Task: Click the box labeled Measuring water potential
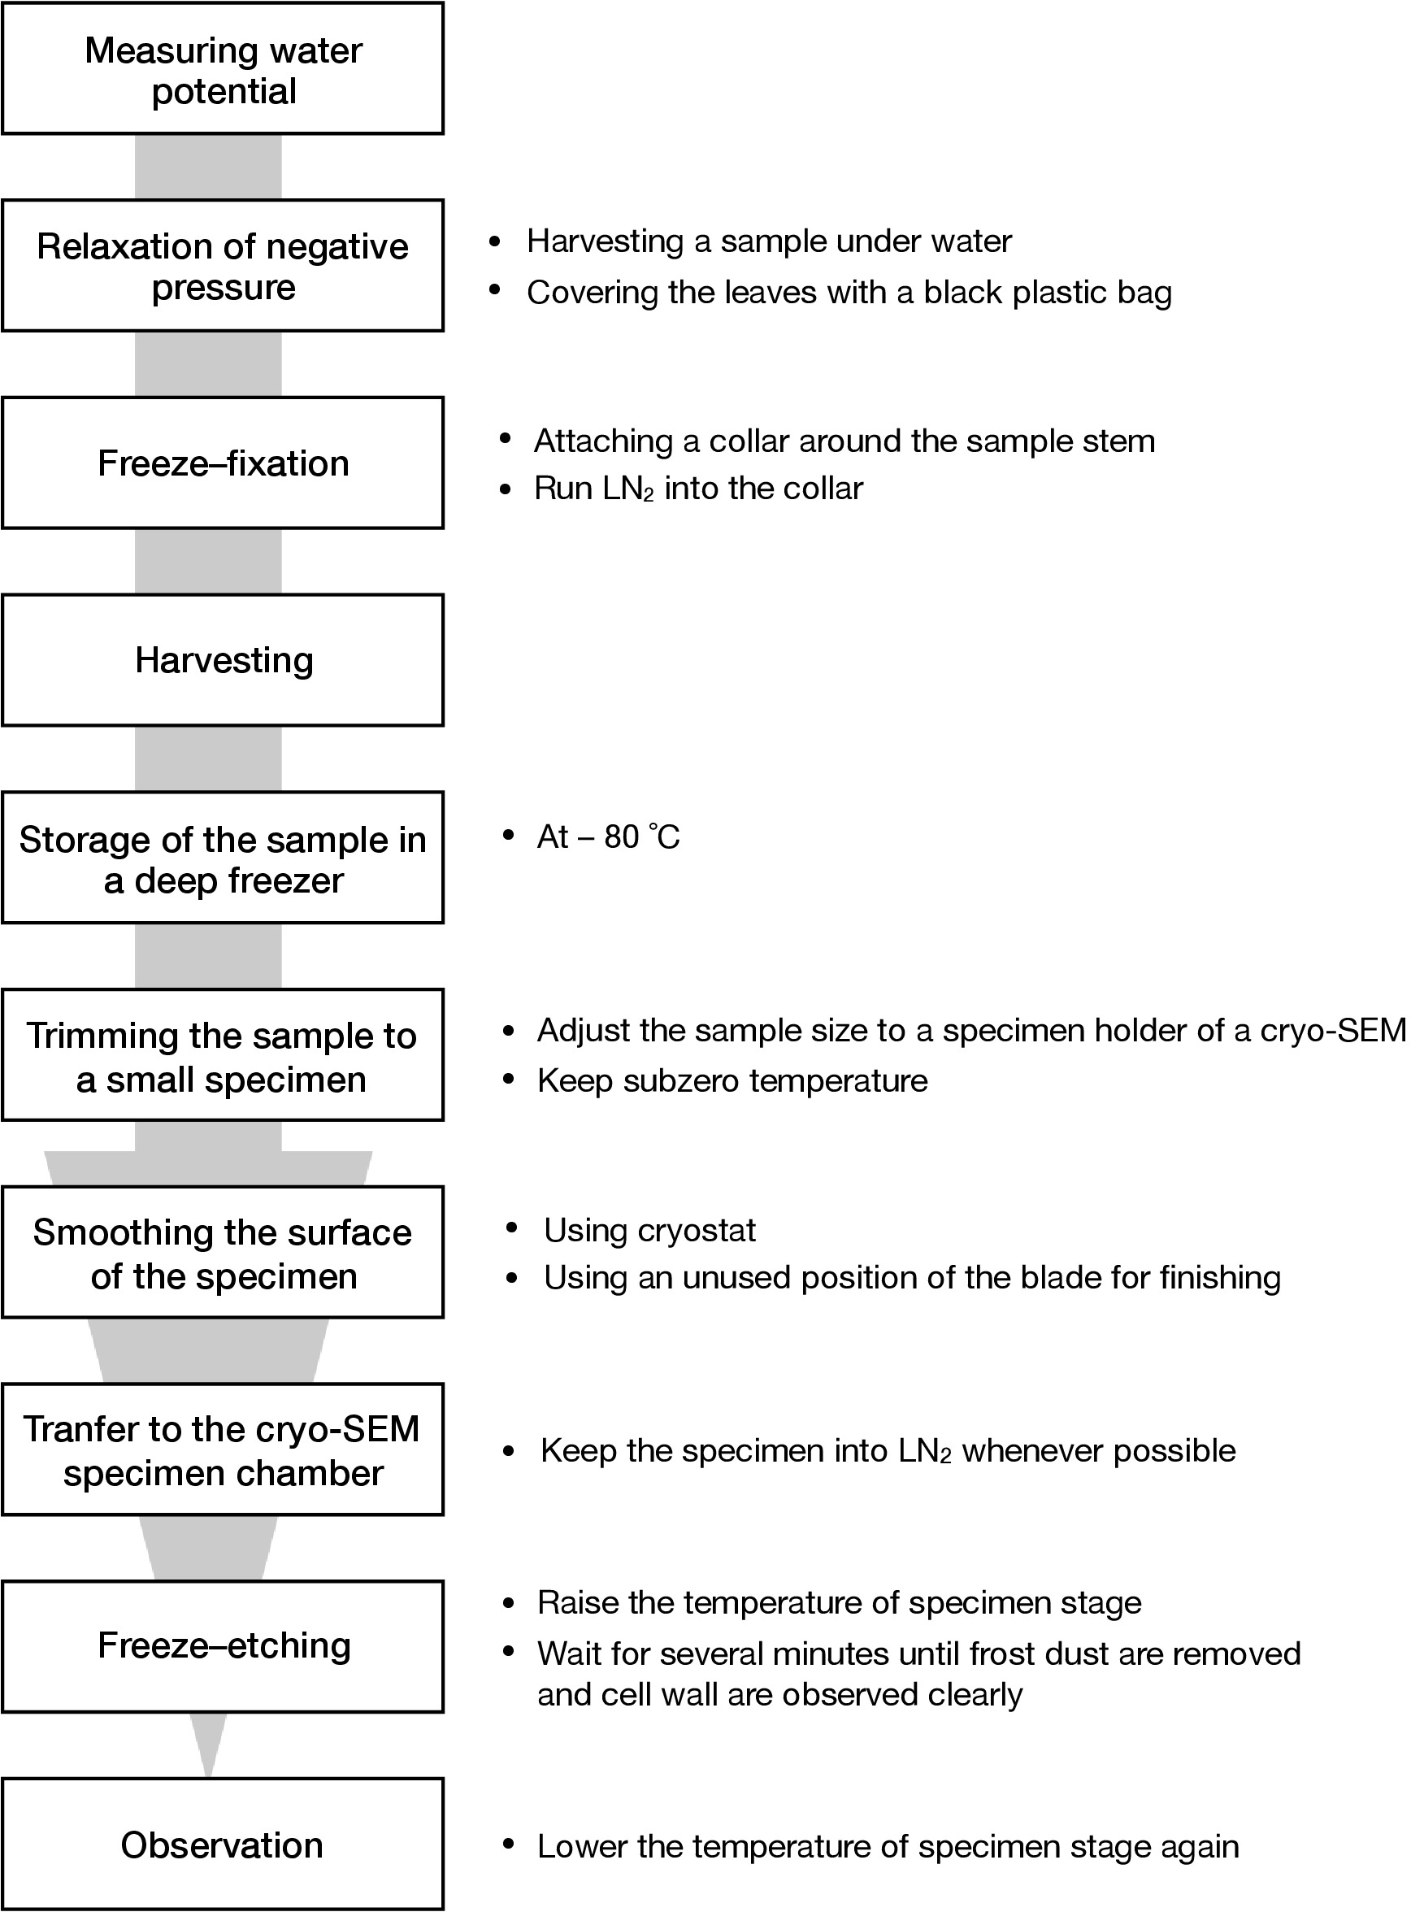pos(223,69)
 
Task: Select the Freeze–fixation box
pos(223,463)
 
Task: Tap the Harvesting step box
pos(223,660)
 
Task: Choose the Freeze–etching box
pos(223,1645)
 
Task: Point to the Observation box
pos(223,1845)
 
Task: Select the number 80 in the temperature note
pos(622,837)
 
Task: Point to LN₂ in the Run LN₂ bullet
pos(627,489)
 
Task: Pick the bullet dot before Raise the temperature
pos(509,1604)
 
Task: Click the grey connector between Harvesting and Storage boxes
pos(208,758)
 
